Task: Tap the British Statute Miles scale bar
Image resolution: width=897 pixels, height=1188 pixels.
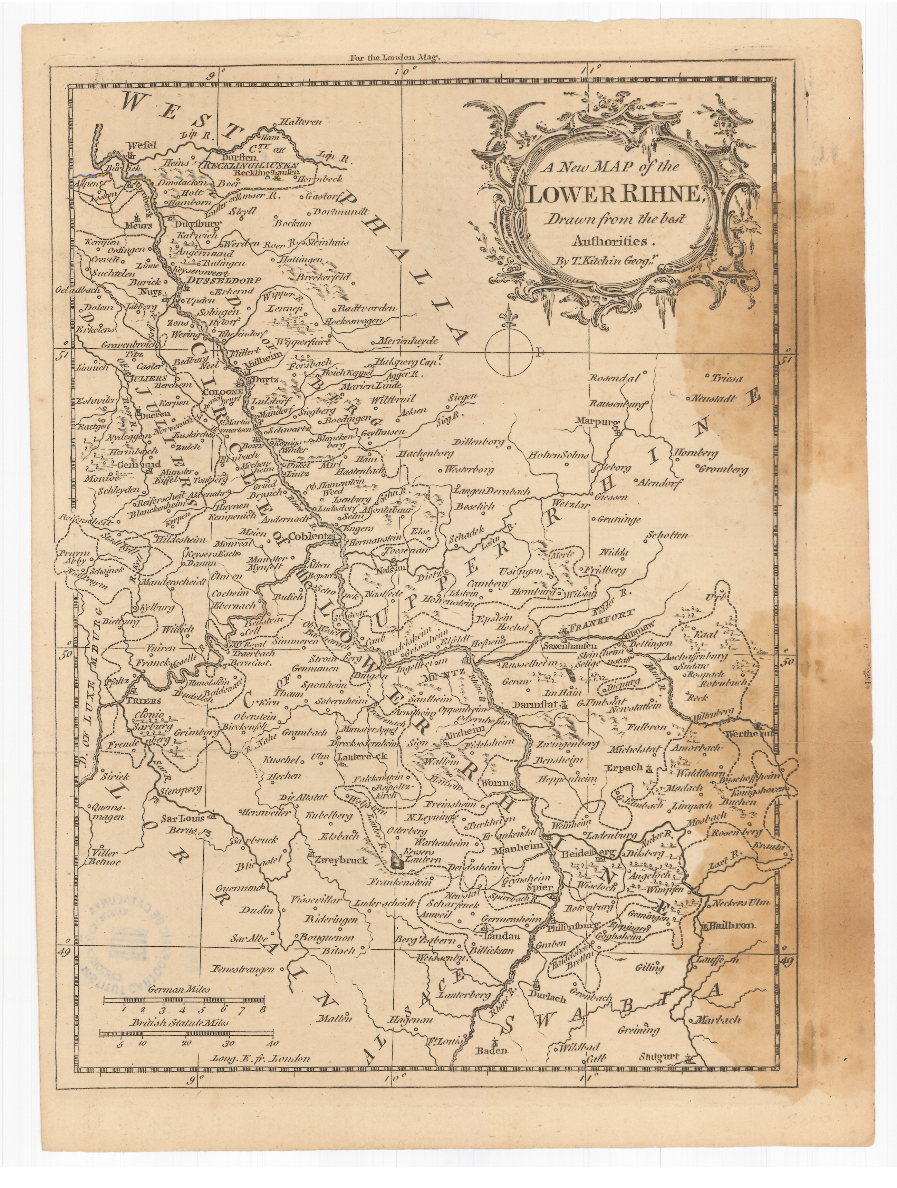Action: [188, 1032]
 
